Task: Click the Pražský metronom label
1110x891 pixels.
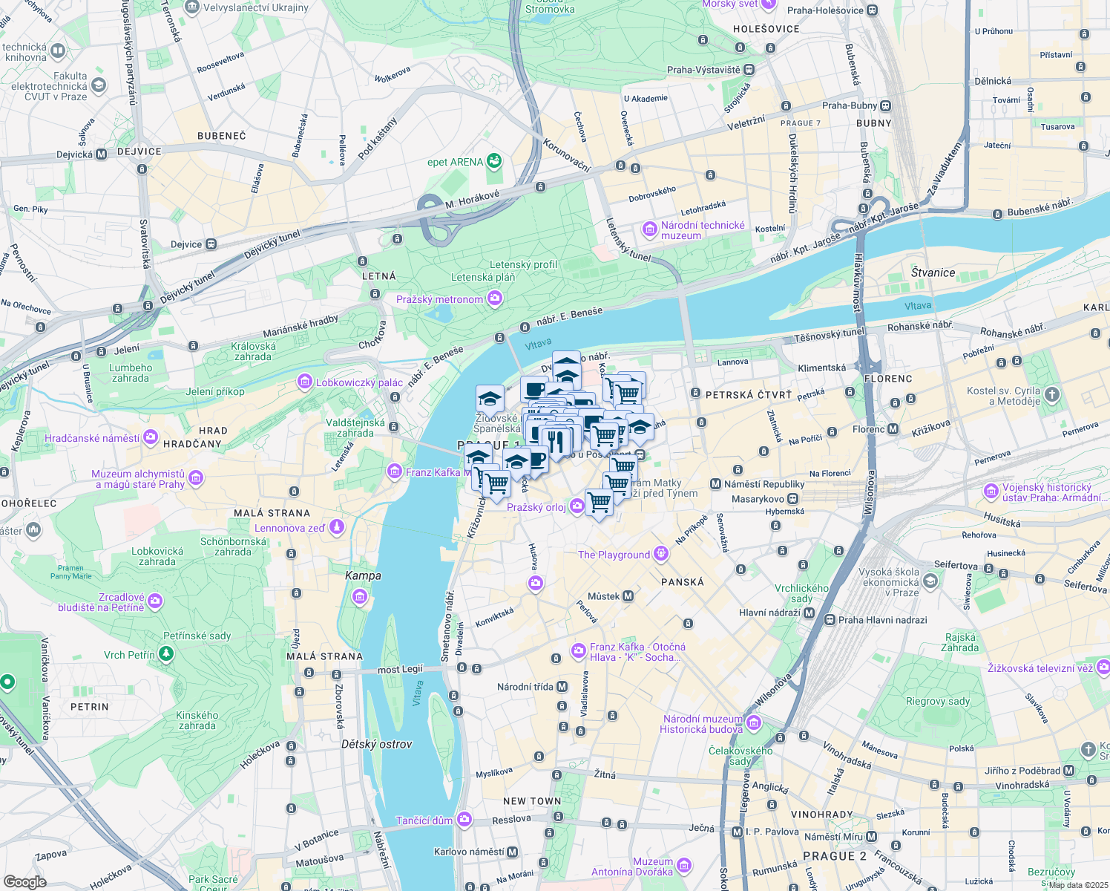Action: point(439,299)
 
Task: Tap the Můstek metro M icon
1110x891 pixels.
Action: point(628,596)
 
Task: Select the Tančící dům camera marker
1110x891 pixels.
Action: point(464,820)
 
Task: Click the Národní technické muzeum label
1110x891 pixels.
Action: point(703,230)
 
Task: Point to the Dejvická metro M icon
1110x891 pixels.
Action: point(102,154)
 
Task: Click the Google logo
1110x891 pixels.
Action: point(24,881)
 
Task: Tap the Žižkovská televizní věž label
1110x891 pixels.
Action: point(1040,668)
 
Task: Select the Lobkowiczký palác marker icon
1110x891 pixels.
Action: point(304,382)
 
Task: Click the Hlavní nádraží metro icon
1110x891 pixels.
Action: point(809,613)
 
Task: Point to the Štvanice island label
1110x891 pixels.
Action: point(933,272)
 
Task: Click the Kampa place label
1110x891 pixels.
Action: point(363,575)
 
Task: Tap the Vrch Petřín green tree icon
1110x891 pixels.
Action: point(166,654)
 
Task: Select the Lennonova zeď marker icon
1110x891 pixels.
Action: point(337,527)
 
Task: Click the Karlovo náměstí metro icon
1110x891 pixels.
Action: point(512,852)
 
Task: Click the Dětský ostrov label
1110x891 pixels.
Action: point(376,744)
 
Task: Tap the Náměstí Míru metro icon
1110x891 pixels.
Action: point(871,837)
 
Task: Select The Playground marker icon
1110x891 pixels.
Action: point(661,554)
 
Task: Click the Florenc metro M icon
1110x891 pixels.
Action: point(893,429)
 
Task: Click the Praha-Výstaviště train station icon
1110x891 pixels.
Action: point(749,70)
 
